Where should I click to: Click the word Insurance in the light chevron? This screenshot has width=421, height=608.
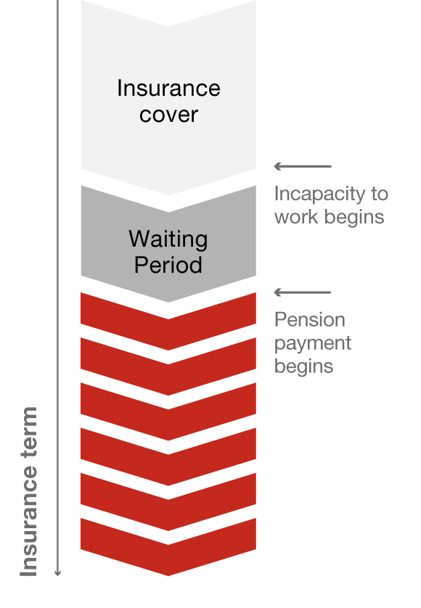point(169,88)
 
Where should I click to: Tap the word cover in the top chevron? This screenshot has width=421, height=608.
point(169,115)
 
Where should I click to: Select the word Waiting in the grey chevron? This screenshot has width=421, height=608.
point(168,239)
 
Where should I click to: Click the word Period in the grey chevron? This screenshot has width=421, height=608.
point(168,265)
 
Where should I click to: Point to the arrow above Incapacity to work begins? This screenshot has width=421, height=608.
point(303,166)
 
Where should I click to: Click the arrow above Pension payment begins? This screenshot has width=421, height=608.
point(303,292)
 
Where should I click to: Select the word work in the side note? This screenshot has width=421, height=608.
point(297,217)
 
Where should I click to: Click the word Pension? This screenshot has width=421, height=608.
point(310,320)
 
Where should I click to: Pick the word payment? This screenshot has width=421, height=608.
point(313,344)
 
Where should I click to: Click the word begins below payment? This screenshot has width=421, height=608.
point(304,367)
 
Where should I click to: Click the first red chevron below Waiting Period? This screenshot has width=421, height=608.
point(168,321)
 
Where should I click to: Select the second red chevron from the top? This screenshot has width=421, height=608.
point(168,366)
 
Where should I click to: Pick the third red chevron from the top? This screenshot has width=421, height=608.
point(168,411)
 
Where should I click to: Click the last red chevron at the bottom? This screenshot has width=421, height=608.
point(168,547)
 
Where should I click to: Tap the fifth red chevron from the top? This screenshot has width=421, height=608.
point(168,502)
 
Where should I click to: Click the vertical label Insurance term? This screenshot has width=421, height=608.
point(29,491)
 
